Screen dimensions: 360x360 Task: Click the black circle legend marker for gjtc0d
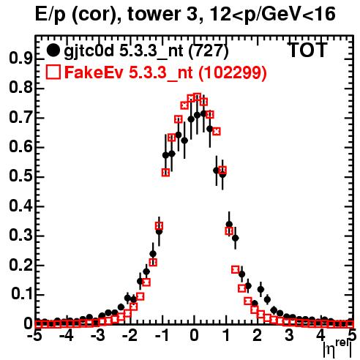53,50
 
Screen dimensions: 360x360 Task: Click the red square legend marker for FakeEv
53,72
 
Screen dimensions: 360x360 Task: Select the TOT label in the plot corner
307,50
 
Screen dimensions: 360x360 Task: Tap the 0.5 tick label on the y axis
20,177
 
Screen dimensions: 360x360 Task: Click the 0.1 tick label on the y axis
20,295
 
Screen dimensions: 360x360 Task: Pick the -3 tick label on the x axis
98,336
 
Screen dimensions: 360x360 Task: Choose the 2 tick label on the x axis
258,336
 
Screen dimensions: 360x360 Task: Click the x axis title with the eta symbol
337,349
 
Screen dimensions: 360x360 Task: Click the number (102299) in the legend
232,72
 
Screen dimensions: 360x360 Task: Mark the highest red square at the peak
197,97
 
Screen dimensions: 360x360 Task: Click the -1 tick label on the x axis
161,336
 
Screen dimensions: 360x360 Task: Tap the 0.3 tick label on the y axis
20,236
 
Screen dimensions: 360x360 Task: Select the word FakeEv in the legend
94,72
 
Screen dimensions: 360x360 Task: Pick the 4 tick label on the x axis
321,336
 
